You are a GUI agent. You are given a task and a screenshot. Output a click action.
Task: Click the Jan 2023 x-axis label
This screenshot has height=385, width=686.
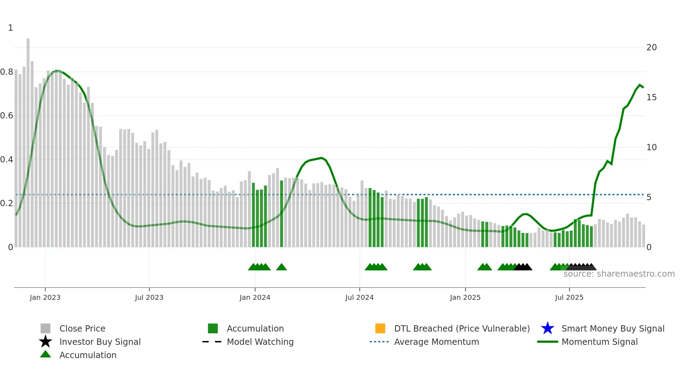tap(45, 297)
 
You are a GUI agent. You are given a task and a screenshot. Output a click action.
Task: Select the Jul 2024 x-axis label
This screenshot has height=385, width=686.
tap(359, 297)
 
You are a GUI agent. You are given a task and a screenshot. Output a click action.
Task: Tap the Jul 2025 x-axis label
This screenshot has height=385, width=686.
tap(569, 297)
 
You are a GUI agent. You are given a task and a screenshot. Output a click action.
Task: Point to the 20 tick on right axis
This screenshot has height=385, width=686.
tap(651, 48)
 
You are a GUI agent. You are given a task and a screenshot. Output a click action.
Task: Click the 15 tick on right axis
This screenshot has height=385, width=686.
tap(651, 97)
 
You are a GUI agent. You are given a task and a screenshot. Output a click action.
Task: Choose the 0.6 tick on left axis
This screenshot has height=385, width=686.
tap(7, 116)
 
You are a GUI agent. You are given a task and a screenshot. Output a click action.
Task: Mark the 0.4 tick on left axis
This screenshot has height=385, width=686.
tap(7, 160)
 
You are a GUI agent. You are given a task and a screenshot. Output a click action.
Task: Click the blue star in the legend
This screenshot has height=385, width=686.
tap(547, 328)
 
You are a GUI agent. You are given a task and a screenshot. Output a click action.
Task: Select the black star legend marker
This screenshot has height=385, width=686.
tap(45, 342)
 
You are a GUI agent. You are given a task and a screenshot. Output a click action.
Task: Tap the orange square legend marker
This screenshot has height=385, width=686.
tap(380, 328)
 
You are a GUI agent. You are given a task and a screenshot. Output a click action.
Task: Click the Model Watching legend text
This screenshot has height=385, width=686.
tap(260, 342)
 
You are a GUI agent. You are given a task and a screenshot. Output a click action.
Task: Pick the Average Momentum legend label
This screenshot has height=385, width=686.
tap(436, 342)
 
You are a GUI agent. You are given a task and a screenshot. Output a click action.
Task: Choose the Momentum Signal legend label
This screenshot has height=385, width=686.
tap(600, 342)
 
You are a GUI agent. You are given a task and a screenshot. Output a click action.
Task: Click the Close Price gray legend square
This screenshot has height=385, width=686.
tap(45, 328)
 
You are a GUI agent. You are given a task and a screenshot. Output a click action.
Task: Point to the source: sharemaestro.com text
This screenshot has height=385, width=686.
tap(619, 274)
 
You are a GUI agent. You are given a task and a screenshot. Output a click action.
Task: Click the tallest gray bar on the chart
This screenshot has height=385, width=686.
tap(28, 140)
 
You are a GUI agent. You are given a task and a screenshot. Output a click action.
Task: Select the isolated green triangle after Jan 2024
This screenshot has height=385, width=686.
tap(281, 267)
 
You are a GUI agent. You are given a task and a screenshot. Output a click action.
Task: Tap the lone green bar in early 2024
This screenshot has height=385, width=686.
tap(281, 213)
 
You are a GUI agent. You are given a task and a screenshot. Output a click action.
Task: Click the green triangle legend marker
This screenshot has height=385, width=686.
tap(45, 354)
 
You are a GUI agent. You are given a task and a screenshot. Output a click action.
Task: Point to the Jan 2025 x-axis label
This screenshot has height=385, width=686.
tap(465, 297)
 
